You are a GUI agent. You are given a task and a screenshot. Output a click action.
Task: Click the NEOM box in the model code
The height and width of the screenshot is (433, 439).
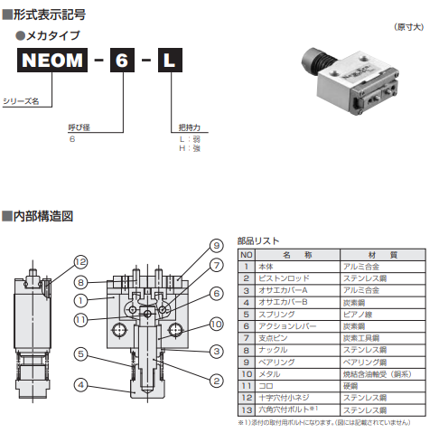pyautogui.click(x=52, y=62)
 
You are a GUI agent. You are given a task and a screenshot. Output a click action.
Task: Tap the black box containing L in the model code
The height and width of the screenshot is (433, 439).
pyautogui.click(x=171, y=62)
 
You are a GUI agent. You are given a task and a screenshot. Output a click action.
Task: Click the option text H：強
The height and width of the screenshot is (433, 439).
pyautogui.click(x=189, y=146)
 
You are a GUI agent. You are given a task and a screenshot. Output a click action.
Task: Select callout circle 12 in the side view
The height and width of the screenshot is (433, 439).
pyautogui.click(x=81, y=261)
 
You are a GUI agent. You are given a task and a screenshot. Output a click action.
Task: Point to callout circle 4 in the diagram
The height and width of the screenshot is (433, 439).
pyautogui.click(x=81, y=384)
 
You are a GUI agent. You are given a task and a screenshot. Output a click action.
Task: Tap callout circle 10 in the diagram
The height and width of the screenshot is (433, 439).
pyautogui.click(x=216, y=323)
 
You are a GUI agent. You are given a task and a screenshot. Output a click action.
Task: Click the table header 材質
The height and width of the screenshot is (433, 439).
pyautogui.click(x=376, y=255)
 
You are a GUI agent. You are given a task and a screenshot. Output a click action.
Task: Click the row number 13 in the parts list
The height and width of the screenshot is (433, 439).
pyautogui.click(x=244, y=408)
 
